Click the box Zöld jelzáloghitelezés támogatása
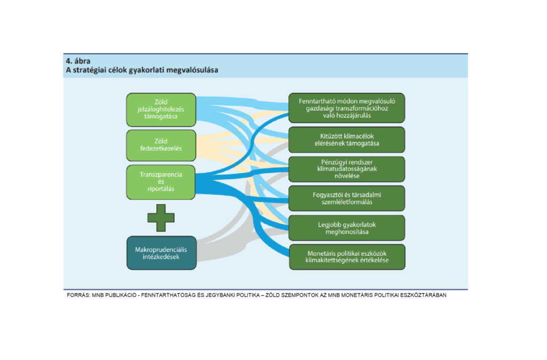coord(161,109)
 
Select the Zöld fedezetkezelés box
coord(161,145)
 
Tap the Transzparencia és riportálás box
coord(161,182)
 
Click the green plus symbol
coord(161,218)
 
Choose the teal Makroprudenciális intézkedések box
coord(161,253)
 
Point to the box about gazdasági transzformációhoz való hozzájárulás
coord(347,108)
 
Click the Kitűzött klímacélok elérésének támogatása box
coord(347,140)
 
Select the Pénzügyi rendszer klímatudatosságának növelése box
coord(347,169)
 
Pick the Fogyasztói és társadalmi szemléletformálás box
coord(347,199)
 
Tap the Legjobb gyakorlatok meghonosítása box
coord(347,228)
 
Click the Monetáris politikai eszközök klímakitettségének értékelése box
coord(347,257)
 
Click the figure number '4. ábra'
coord(78,61)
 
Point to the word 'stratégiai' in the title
coord(90,70)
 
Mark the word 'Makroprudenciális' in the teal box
coord(161,250)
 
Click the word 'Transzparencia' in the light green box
coord(161,175)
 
